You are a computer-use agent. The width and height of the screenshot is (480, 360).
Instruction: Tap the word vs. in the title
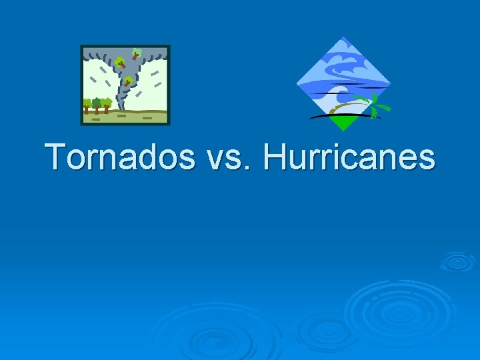(x=231, y=158)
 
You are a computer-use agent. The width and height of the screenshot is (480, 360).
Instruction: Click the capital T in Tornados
(x=58, y=157)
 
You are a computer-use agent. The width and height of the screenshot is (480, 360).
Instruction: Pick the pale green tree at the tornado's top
(x=136, y=53)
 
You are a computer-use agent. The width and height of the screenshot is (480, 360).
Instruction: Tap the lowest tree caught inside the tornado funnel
(x=127, y=82)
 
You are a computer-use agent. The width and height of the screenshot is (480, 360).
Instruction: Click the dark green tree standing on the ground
(x=97, y=103)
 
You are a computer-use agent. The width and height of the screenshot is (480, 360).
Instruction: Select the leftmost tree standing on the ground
(x=87, y=105)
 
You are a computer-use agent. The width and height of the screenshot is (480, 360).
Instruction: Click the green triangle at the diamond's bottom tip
(x=343, y=123)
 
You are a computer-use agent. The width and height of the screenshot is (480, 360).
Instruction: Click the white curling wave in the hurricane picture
(x=337, y=93)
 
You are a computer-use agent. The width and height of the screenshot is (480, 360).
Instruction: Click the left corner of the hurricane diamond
(x=297, y=83)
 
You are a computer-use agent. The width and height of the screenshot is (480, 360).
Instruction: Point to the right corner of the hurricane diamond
(x=390, y=84)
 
